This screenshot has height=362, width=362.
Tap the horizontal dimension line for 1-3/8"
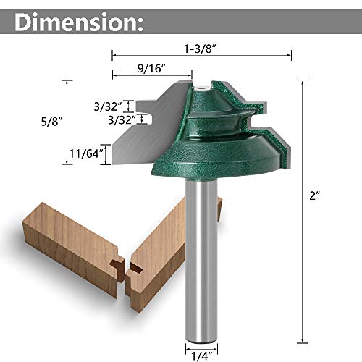pos(202,54)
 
